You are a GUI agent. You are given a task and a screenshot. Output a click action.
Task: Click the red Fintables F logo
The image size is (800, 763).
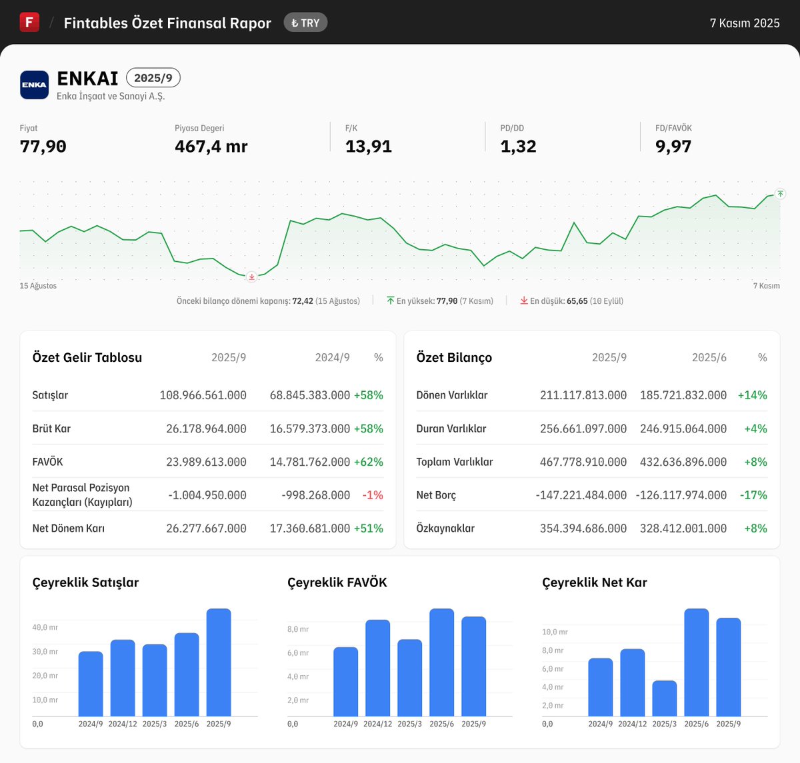coord(29,22)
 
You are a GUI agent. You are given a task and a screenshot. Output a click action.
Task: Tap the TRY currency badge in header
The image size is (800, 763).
coord(305,23)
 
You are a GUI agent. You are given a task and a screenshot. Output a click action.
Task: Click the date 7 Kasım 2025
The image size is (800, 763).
coord(744,23)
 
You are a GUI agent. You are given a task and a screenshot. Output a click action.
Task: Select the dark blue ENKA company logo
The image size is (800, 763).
coord(34,85)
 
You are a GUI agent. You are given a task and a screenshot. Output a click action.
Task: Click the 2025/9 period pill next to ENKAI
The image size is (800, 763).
coord(153,78)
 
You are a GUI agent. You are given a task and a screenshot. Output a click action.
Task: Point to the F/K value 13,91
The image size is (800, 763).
coord(368,147)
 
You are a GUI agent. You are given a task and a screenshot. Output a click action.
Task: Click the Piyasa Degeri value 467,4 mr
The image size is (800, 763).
coord(211,147)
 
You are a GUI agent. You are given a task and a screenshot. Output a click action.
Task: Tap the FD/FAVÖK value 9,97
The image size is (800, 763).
coord(673,147)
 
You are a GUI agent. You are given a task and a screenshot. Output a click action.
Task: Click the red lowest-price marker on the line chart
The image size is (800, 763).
coord(251,277)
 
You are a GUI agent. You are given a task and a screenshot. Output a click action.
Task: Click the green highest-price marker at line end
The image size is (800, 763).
coord(780,194)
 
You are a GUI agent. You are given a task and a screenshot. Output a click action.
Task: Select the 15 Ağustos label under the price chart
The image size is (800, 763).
coord(38,286)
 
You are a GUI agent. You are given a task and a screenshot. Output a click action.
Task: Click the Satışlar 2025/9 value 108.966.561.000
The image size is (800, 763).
coord(203,395)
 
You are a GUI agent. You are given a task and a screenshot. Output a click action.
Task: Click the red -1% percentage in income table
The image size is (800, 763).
coord(373,495)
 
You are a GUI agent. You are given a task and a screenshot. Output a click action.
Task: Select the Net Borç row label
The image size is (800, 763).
coord(436,495)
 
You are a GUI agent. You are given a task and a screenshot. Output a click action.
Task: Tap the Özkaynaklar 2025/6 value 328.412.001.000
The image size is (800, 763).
coord(683,528)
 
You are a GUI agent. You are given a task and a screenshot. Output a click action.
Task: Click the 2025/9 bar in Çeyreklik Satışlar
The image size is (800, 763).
coord(219,662)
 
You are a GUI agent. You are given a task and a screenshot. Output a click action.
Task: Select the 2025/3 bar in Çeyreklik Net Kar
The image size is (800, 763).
coord(664,698)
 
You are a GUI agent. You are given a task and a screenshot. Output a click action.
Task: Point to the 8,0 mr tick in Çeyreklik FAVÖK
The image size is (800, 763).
coord(298,629)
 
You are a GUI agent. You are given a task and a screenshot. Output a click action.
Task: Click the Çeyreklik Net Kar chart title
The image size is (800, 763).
coord(594,582)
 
